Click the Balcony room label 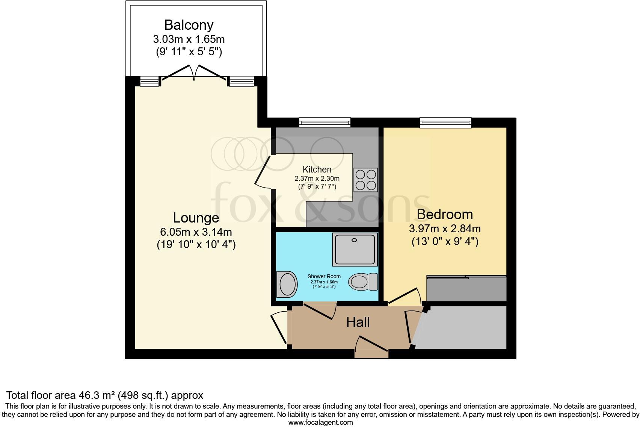[189, 25]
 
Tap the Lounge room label [196, 218]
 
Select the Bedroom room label [445, 215]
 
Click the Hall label [358, 323]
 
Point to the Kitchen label [317, 169]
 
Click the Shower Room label [324, 276]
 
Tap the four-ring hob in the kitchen [366, 180]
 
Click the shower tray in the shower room [355, 249]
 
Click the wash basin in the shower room [287, 284]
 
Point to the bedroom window [445, 123]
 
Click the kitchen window [325, 123]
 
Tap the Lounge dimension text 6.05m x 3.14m [196, 232]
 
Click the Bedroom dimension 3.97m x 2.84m [445, 229]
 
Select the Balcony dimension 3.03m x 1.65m [189, 39]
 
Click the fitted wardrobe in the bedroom [466, 288]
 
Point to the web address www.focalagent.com [321, 422]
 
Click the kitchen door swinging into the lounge [262, 172]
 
